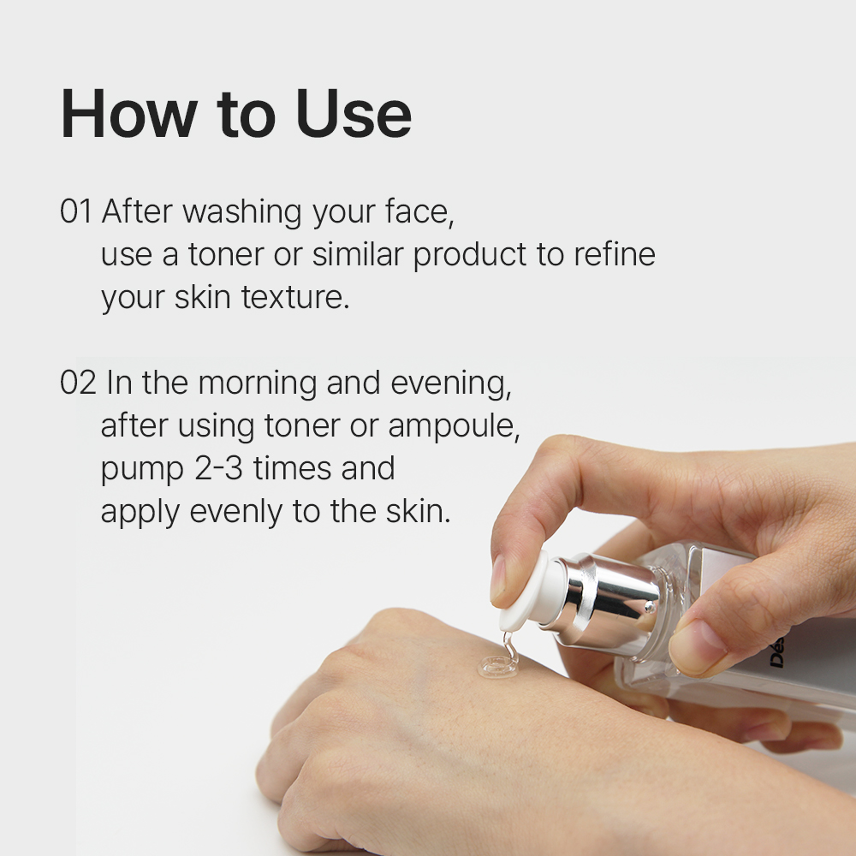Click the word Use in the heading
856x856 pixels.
354,114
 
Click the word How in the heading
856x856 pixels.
129,114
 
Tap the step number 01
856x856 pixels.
75,211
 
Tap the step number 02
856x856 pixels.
78,383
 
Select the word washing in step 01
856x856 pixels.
242,213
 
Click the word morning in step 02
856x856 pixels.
257,384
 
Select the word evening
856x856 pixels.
451,384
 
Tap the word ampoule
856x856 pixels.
454,427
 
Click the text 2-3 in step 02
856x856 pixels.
218,468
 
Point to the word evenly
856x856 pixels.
236,513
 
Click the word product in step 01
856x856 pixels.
470,255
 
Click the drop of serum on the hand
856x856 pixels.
498,665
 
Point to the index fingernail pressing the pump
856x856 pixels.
498,578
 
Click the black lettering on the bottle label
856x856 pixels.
777,651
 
